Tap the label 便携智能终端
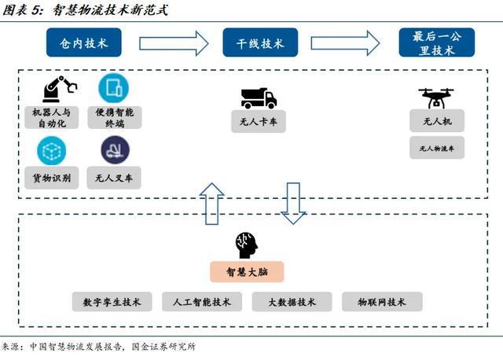coord(114,118)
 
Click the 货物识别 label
coord(52,178)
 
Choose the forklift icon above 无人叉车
coord(115,149)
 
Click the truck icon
coord(259,97)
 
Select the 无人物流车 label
coord(437,147)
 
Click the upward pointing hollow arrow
coord(212,203)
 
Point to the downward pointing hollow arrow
coord(293,203)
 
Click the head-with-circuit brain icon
coord(246,245)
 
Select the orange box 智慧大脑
coord(246,272)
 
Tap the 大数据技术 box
coord(292,302)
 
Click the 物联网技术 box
coord(382,302)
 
